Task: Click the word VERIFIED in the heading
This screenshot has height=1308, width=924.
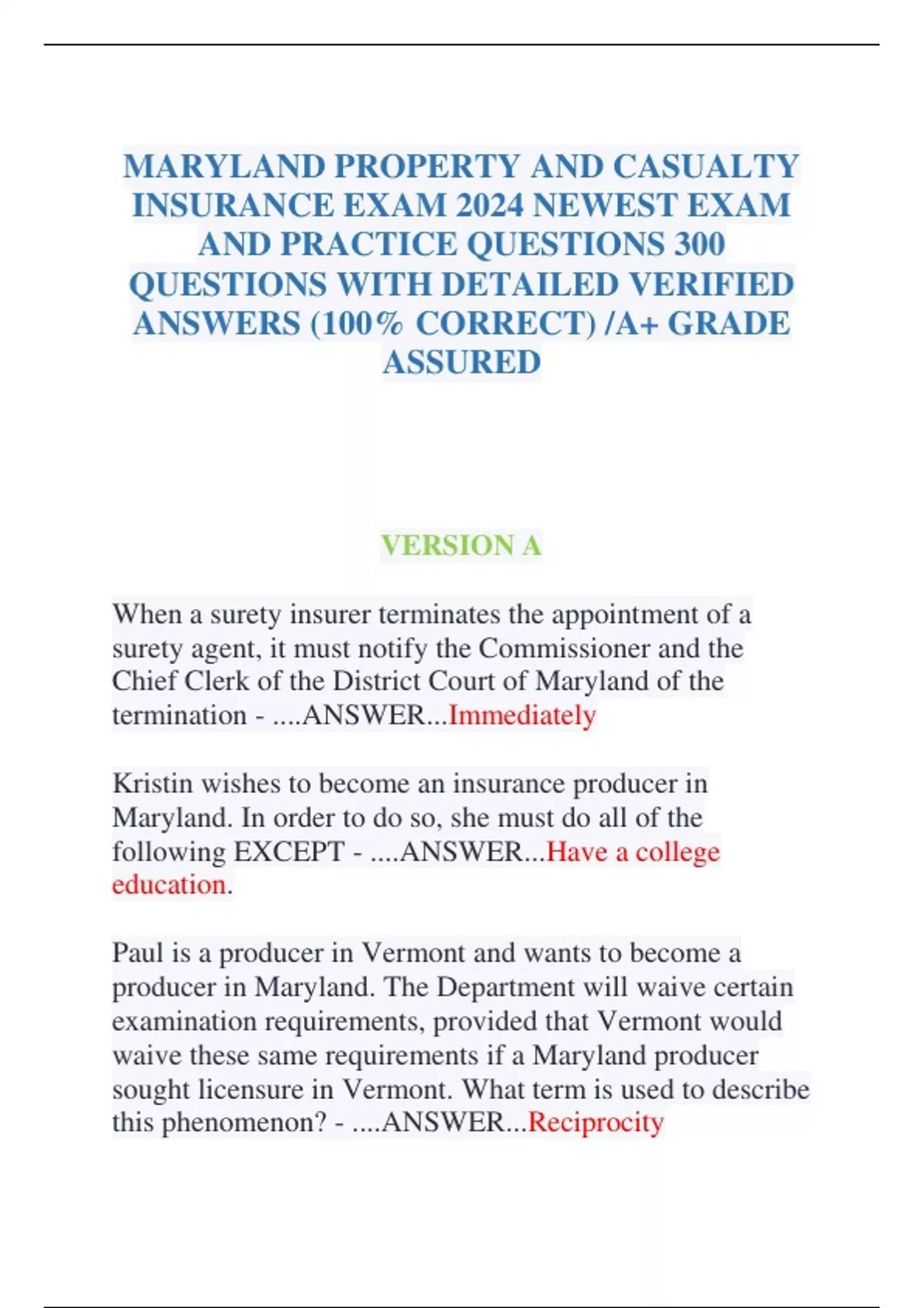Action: click(x=711, y=284)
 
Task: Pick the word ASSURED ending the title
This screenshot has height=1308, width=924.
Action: click(x=462, y=362)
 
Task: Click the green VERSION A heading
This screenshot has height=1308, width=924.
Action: click(x=461, y=546)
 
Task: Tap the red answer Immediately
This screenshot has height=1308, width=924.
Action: click(x=522, y=715)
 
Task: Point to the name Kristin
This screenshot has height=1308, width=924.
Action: click(x=152, y=783)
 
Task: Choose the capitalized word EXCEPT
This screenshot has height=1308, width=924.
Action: click(x=289, y=851)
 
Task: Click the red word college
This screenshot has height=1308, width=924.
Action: click(x=678, y=851)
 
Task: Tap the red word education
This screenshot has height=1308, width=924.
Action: click(x=169, y=885)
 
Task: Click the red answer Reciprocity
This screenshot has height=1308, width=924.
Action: click(x=596, y=1122)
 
